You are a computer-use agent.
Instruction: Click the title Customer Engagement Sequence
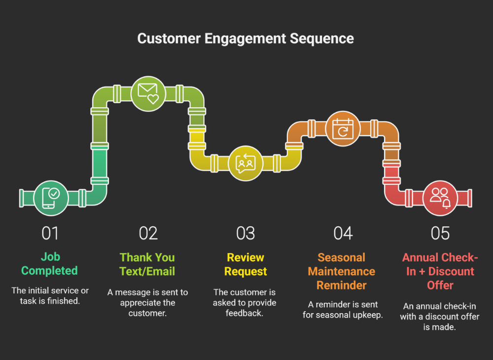click(246, 38)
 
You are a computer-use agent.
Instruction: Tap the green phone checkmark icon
click(51, 197)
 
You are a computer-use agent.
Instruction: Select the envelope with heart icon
click(148, 93)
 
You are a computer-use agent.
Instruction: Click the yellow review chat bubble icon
click(246, 163)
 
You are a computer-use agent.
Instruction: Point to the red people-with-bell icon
click(440, 198)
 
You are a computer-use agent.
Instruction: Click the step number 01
click(50, 233)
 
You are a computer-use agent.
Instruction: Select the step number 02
click(148, 233)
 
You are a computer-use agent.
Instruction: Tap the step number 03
click(246, 233)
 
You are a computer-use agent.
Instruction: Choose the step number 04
click(343, 233)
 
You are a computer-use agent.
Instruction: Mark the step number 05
click(440, 233)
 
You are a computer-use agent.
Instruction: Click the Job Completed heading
click(50, 264)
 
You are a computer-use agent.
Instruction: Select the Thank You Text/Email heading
click(147, 264)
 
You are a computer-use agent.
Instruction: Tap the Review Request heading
click(246, 264)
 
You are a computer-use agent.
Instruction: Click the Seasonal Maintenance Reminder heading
click(342, 271)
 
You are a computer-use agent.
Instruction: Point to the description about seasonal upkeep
click(343, 310)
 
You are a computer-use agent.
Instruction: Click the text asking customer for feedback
click(245, 302)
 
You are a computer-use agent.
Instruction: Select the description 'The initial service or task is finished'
click(50, 295)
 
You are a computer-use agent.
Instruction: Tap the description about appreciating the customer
click(148, 302)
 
